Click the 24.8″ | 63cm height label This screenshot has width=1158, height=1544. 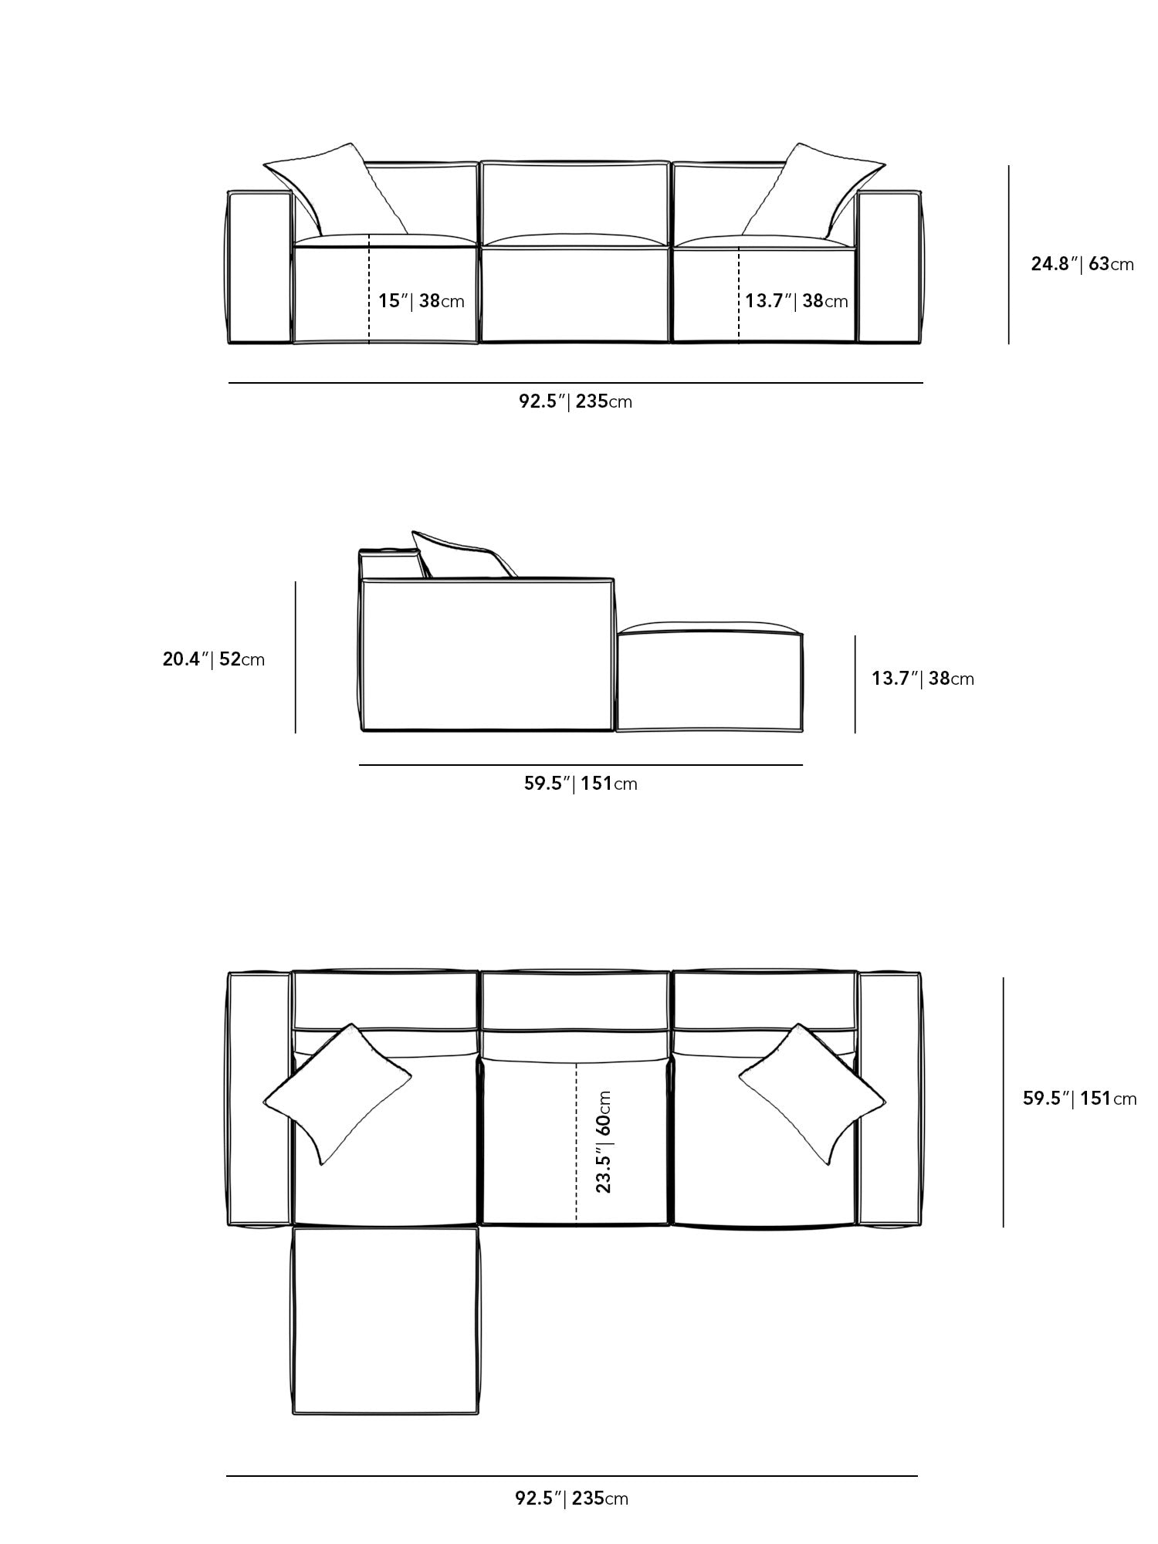click(1082, 264)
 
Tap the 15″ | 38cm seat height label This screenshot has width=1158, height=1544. click(421, 300)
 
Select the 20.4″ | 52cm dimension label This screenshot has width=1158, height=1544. click(213, 659)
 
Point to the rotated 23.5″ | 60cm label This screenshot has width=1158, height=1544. click(604, 1142)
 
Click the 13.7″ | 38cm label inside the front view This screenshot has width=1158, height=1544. click(796, 300)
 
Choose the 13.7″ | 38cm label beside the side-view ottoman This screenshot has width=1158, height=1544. click(923, 679)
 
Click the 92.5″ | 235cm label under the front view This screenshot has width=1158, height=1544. click(575, 401)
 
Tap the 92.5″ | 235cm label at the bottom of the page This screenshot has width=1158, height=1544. click(571, 1498)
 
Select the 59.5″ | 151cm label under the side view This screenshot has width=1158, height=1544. click(581, 784)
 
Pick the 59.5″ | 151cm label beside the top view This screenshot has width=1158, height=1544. click(1079, 1098)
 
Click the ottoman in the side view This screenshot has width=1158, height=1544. click(709, 679)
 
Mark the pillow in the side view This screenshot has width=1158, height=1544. click(459, 554)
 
